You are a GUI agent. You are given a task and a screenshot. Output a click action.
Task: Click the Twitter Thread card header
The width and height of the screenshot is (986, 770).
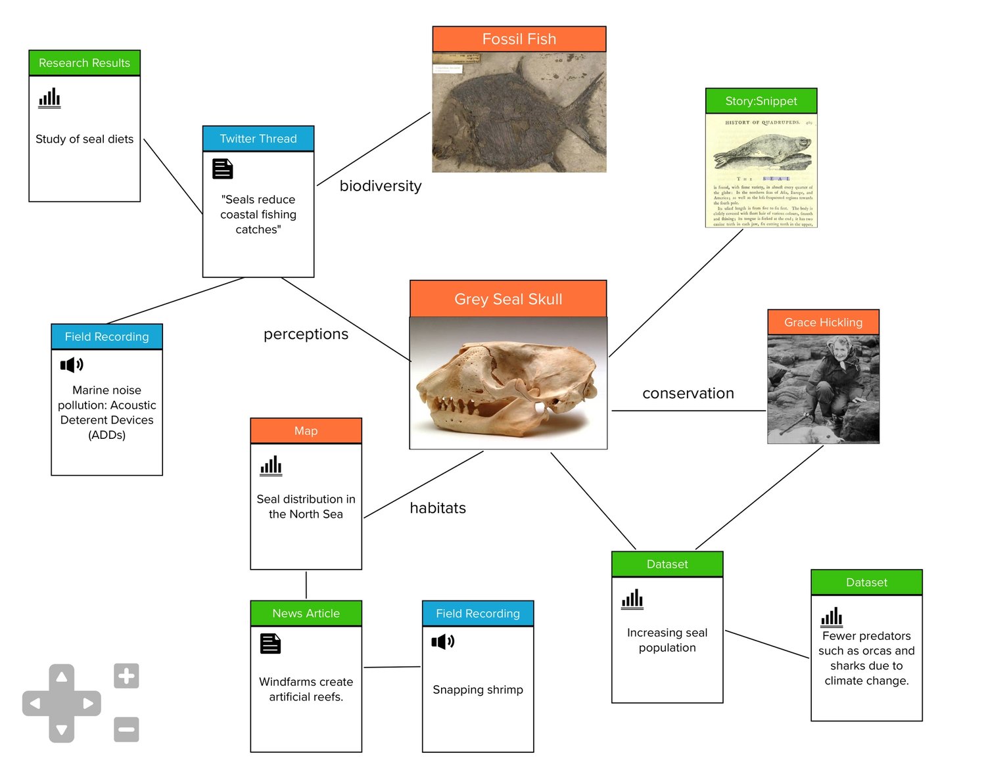coord(258,139)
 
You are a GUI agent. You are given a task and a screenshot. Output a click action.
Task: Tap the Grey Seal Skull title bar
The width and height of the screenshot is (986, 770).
coord(508,299)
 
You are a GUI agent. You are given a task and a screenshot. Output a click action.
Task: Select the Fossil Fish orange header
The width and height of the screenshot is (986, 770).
coord(519,39)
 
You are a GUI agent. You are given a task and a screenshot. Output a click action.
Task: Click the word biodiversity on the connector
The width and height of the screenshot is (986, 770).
coord(381,186)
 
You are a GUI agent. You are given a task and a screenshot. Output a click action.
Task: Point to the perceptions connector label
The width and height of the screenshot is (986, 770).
coord(306,334)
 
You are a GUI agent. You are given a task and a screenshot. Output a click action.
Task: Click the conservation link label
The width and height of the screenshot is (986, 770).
coord(688,393)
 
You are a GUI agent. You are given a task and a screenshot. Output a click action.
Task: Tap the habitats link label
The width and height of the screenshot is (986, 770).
coord(438,508)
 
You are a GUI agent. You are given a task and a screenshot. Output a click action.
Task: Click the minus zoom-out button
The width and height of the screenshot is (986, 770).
coord(126,729)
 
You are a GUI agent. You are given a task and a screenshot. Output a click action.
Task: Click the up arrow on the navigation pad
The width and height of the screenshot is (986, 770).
coord(62,677)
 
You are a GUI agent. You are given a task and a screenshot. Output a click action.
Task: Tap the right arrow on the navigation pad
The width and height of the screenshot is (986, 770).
coord(88,704)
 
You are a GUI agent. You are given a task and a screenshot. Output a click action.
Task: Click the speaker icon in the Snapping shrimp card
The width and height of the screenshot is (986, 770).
coord(442,641)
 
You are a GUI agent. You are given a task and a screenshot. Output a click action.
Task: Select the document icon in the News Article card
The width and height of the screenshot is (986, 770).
coord(270,643)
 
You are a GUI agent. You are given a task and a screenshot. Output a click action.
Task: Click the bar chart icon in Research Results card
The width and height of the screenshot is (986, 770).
coord(49,99)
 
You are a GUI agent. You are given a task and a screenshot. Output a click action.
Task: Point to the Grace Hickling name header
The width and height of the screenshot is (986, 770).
coord(823,323)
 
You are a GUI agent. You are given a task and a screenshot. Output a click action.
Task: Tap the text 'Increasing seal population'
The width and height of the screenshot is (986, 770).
coord(667,640)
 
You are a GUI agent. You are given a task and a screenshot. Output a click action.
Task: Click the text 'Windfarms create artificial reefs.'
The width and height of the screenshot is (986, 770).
coord(306,689)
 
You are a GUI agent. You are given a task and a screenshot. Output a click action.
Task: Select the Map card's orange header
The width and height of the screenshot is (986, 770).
coord(306,431)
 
